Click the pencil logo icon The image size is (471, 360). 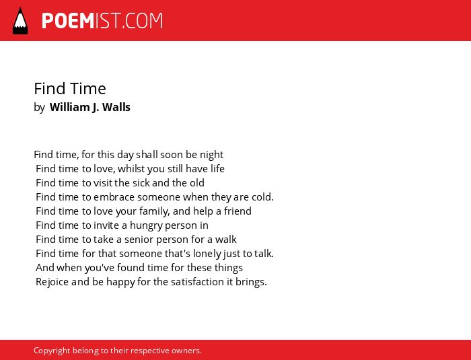20,20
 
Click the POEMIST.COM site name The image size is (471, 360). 102,21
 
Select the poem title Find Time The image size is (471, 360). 70,89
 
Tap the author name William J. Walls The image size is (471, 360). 89,107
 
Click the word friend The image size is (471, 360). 238,211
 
